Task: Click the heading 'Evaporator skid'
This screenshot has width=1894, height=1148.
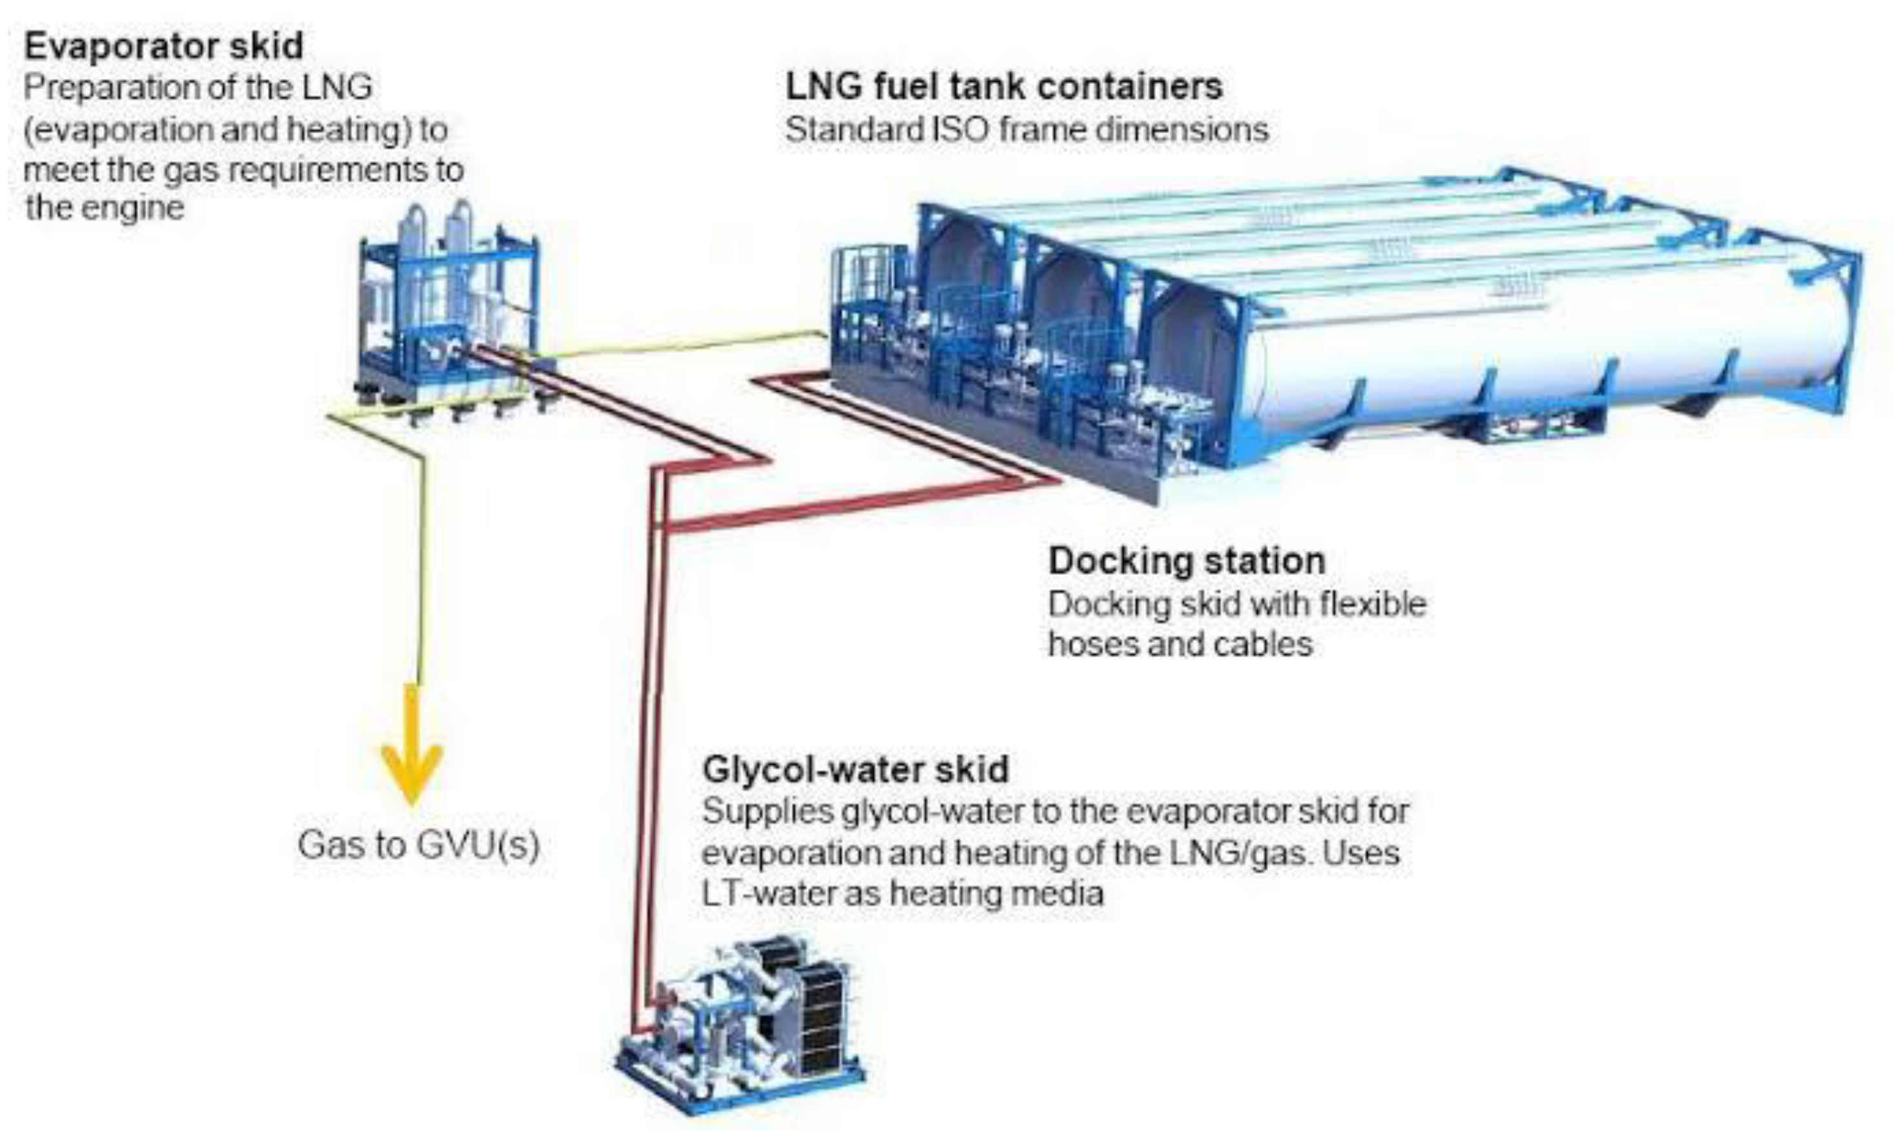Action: coord(163,46)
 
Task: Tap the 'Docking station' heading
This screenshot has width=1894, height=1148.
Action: coord(1187,560)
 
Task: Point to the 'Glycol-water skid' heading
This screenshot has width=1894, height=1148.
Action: coord(856,769)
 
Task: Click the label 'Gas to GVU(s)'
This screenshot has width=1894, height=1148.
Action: coord(418,845)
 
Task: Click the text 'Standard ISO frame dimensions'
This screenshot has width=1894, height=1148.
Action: coord(1027,129)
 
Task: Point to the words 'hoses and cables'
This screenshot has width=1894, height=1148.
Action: coord(1180,644)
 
